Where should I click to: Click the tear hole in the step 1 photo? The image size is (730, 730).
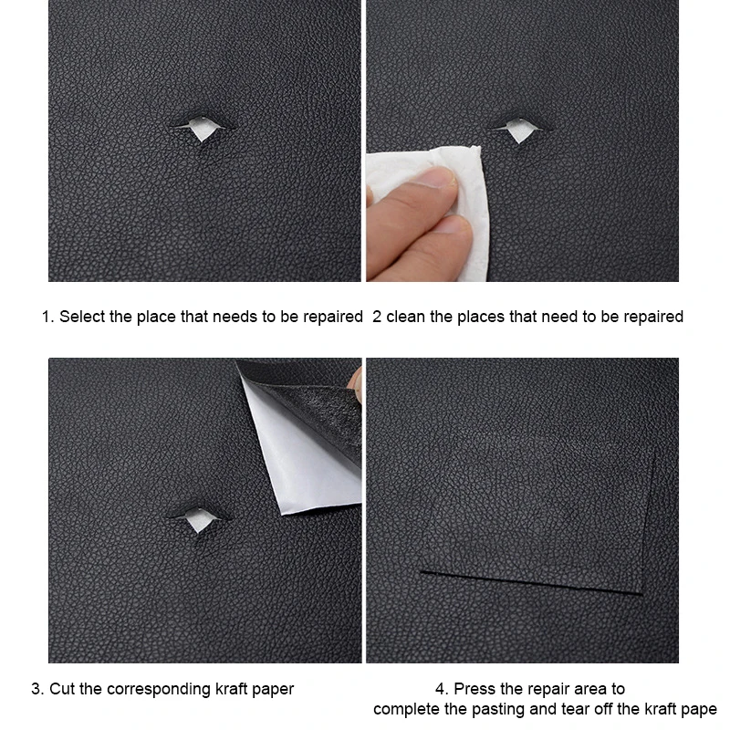tap(202, 128)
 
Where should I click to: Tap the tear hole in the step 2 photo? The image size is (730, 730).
tap(520, 129)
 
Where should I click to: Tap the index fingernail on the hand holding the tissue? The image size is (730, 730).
tap(439, 177)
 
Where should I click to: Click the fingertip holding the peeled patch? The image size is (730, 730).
tap(356, 382)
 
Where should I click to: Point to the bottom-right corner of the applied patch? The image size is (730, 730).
tap(642, 594)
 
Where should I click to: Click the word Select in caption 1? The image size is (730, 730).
tap(82, 317)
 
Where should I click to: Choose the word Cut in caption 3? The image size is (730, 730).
tap(62, 689)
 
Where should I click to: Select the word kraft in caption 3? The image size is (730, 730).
tap(231, 689)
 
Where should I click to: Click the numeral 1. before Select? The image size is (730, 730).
tap(48, 317)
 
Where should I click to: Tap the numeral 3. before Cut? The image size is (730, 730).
tap(37, 689)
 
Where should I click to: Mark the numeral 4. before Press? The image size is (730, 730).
tap(442, 689)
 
